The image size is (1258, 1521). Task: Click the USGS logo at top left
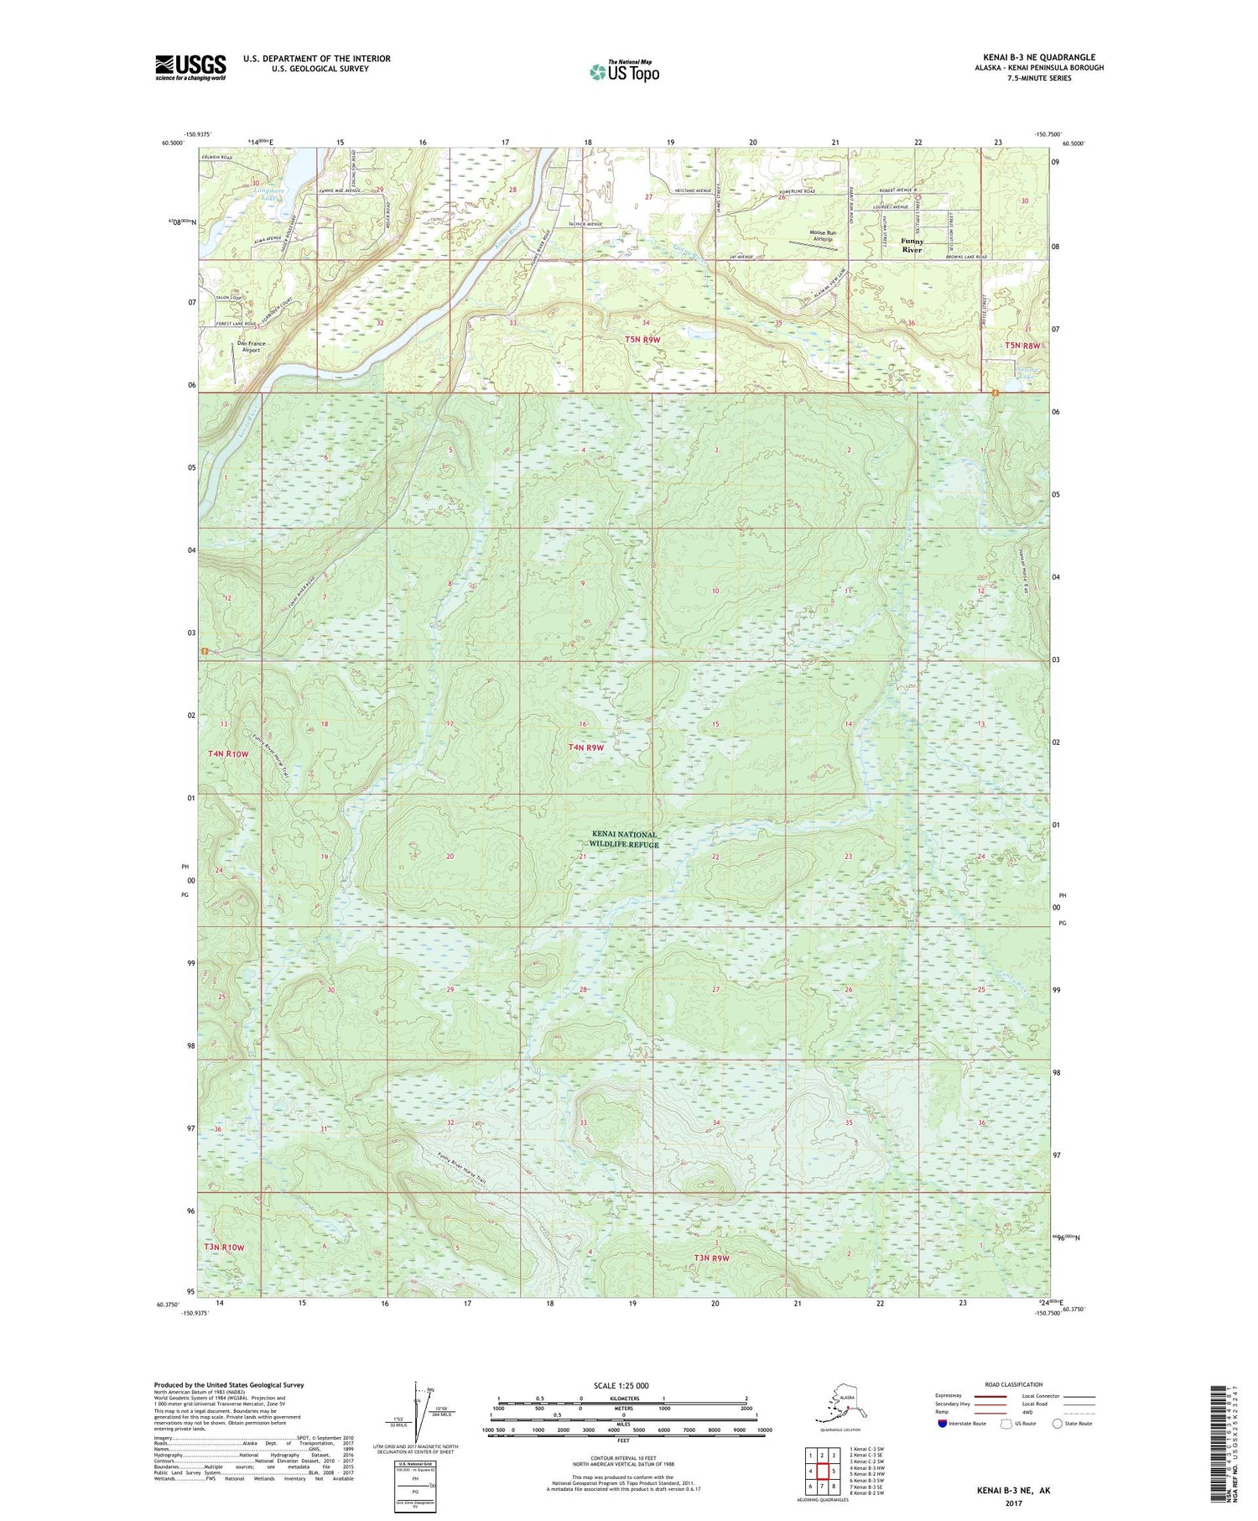190,67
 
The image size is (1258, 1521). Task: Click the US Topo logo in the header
624,71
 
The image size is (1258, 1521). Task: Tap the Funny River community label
912,245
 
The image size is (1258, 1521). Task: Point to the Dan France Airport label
250,346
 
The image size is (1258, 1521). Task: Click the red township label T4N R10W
229,754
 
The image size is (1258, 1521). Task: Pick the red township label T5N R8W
1022,346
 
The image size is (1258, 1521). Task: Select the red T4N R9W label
586,747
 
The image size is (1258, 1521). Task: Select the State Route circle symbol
1058,1423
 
